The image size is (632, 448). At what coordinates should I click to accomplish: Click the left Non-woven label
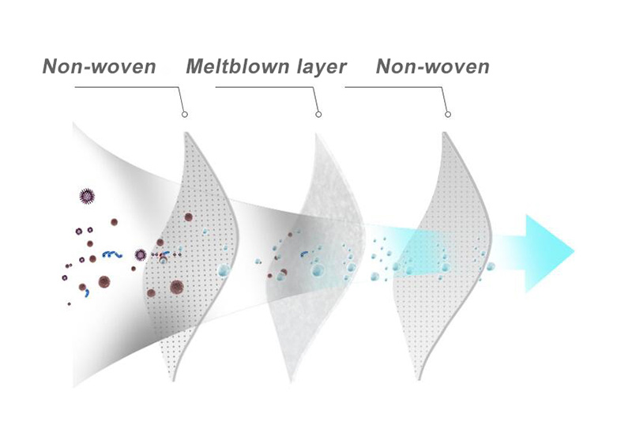[x=100, y=66]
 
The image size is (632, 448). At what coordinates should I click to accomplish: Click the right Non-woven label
[x=432, y=66]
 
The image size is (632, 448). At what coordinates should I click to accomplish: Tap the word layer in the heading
[x=322, y=67]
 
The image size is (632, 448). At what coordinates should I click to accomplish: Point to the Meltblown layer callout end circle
[x=318, y=115]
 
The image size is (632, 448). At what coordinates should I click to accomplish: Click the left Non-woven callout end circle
[x=185, y=115]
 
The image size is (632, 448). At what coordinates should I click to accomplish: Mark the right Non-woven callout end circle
[x=448, y=115]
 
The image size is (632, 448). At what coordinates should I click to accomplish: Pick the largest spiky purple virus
[x=87, y=197]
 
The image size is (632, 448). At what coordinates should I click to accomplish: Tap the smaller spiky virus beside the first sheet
[x=141, y=255]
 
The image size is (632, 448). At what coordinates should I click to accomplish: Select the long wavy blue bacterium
[x=111, y=254]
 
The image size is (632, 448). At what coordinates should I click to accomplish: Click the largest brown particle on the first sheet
[x=176, y=287]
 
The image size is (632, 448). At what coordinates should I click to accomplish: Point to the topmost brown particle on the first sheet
[x=188, y=217]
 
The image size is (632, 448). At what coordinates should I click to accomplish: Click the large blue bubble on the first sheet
[x=223, y=270]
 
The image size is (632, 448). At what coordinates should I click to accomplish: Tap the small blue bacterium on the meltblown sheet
[x=304, y=254]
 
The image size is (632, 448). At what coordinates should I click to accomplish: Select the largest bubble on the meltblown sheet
[x=318, y=269]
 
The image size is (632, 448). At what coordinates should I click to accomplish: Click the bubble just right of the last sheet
[x=491, y=266]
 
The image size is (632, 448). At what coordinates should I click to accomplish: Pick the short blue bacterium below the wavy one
[x=87, y=293]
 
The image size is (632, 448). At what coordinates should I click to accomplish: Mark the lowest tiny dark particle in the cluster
[x=70, y=303]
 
